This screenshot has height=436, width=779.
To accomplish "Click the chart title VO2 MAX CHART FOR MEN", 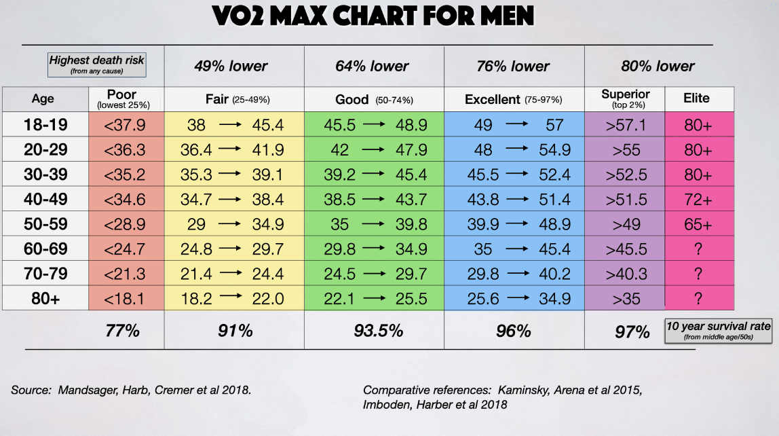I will click(x=373, y=16).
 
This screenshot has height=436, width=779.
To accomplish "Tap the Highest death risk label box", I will click(x=97, y=65).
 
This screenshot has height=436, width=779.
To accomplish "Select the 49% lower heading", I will click(x=231, y=67).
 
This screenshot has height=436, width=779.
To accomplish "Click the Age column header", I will click(x=43, y=99).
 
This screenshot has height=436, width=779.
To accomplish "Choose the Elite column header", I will click(x=696, y=98).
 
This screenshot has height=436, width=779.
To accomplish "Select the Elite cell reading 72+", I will click(x=698, y=199).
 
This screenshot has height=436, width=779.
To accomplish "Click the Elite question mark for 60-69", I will click(x=698, y=249).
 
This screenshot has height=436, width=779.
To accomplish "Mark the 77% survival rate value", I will click(x=123, y=331).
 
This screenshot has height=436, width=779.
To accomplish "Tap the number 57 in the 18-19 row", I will click(x=555, y=124).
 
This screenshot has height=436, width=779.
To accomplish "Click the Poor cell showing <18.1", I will click(x=125, y=299).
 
